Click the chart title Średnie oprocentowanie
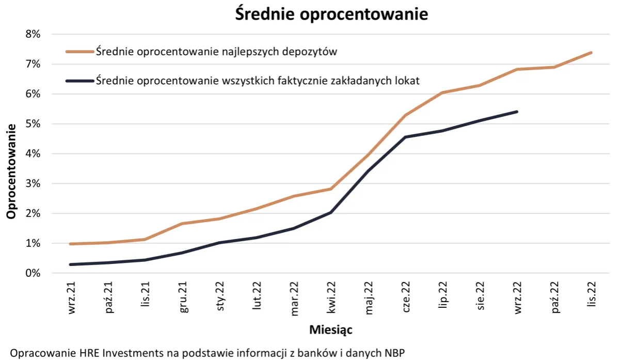331,14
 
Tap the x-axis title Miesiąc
330,329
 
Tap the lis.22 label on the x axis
591,297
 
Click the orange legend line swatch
80,52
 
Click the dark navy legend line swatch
80,81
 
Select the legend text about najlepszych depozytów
217,52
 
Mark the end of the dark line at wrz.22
517,112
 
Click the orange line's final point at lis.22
591,53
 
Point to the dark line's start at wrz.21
71,264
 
